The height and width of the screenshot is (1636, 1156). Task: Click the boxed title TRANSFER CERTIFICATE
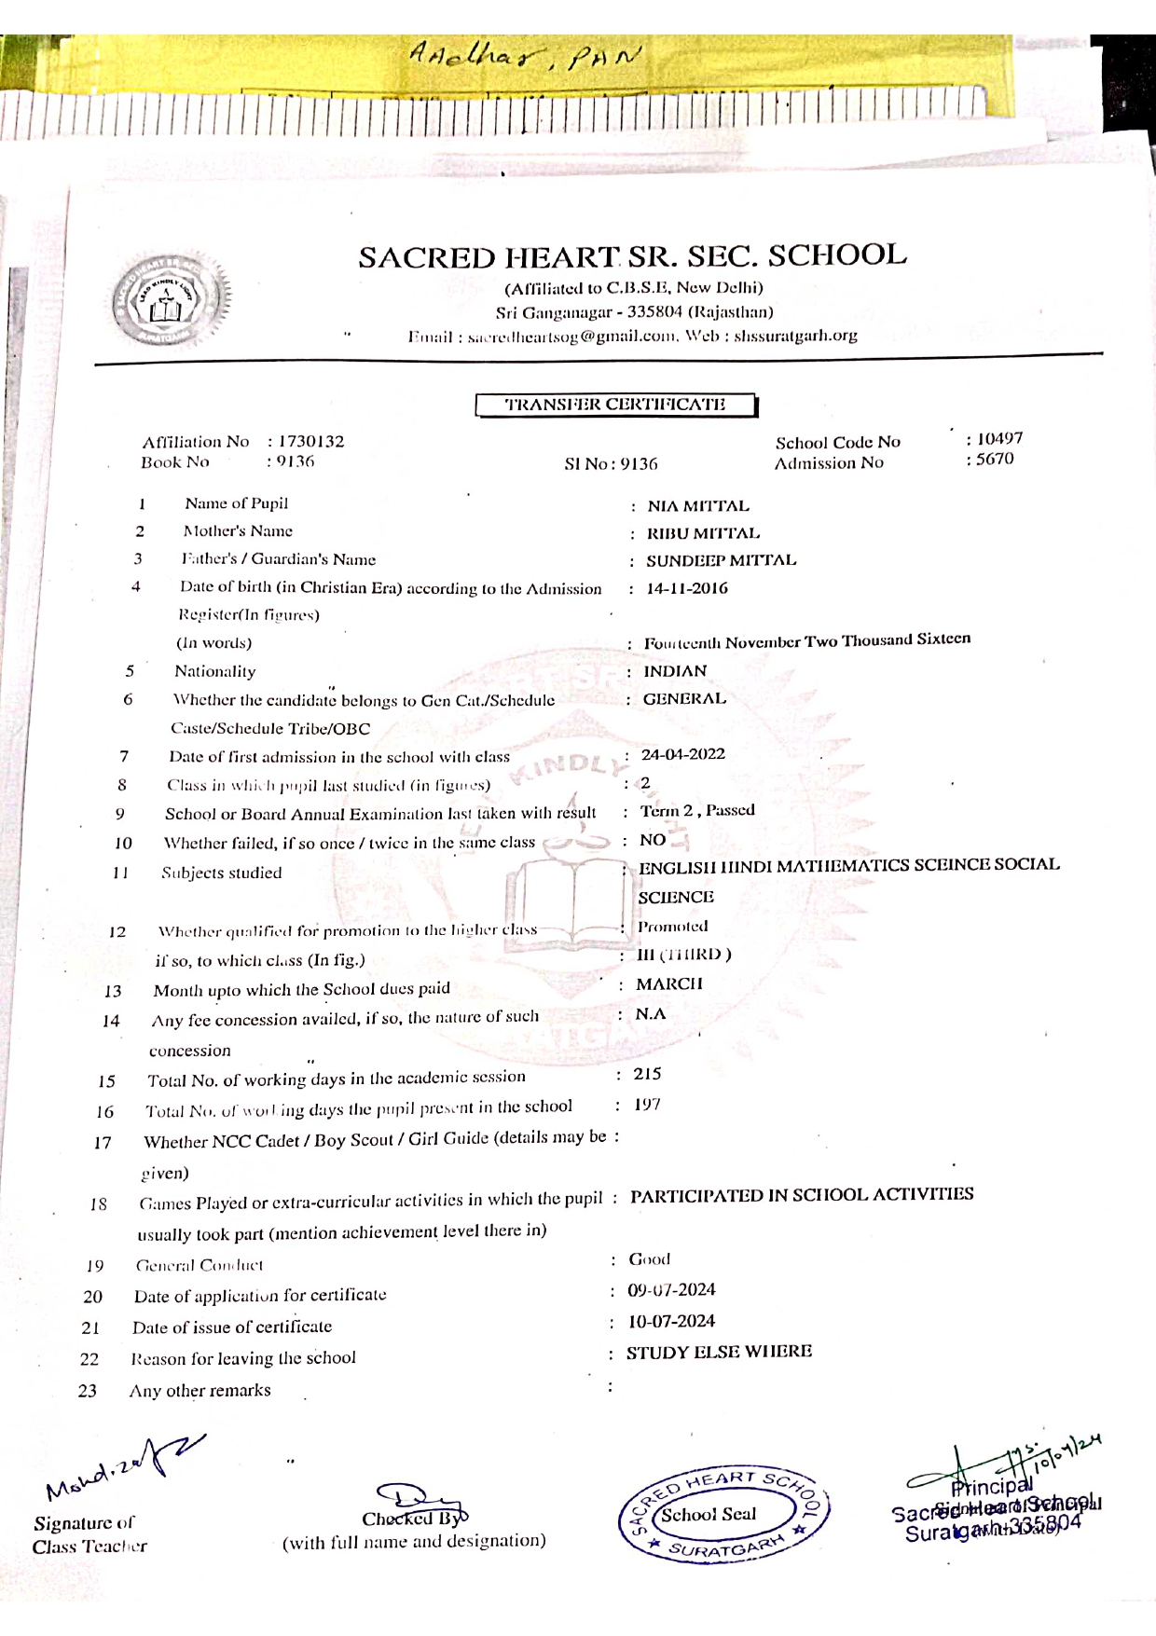tap(615, 406)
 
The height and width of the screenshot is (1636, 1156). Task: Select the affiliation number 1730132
tap(310, 441)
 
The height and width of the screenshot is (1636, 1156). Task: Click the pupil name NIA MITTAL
tap(698, 506)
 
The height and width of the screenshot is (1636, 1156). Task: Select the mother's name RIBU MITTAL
tap(703, 533)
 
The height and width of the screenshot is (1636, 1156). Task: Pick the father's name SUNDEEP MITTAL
tap(721, 560)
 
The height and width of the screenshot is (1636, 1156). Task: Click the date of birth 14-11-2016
tap(687, 588)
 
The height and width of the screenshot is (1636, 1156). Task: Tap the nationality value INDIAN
tap(675, 671)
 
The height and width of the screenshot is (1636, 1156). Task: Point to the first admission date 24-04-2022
tap(682, 754)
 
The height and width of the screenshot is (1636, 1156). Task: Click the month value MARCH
tap(669, 984)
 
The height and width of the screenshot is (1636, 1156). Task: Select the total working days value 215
tap(647, 1074)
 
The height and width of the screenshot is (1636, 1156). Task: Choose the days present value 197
tap(647, 1105)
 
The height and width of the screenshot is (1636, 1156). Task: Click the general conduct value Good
tap(649, 1259)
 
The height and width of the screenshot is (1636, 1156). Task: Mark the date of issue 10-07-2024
tap(671, 1321)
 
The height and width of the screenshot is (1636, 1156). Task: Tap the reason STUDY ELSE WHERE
tap(719, 1352)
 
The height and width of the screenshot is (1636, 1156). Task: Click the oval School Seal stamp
tap(723, 1515)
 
